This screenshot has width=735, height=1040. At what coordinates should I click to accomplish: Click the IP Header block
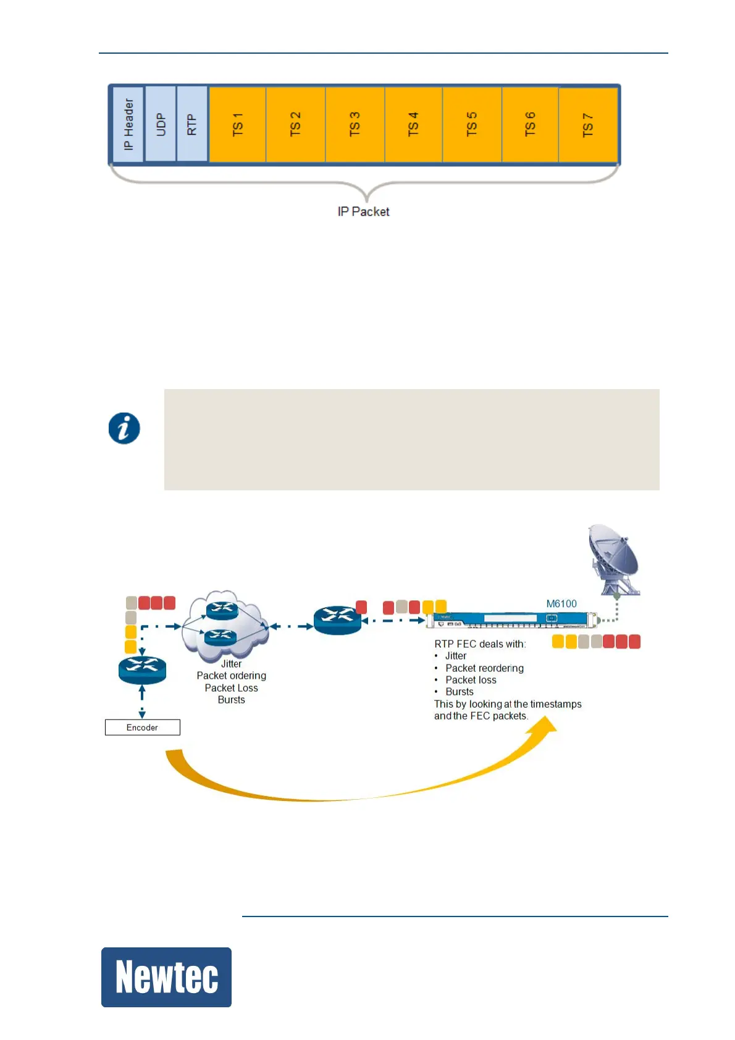[x=128, y=124]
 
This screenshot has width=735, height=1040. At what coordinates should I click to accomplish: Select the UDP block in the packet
[x=161, y=124]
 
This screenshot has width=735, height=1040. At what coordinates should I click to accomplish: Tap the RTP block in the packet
[x=192, y=124]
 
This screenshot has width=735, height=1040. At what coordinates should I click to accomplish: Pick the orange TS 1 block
[x=238, y=124]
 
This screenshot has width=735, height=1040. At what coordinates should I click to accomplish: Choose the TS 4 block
[x=413, y=124]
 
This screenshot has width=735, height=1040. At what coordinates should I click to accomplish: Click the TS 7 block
[x=588, y=125]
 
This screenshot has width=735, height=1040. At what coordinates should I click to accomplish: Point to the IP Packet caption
[x=363, y=212]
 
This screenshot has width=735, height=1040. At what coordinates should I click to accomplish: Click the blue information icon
[x=124, y=428]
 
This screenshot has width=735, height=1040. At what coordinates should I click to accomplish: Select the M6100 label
[x=561, y=603]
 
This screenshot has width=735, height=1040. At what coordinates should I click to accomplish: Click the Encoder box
[x=142, y=728]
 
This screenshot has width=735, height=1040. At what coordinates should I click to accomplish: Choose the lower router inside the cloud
[x=220, y=636]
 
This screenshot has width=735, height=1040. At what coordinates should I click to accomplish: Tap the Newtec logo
[x=166, y=977]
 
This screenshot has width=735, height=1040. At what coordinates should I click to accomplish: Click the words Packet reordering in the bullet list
[x=484, y=668]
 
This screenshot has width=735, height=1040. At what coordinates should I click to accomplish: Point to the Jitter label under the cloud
[x=232, y=664]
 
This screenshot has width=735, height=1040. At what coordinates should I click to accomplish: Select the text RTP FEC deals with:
[x=480, y=644]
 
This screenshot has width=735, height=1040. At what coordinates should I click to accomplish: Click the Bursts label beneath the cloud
[x=232, y=700]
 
